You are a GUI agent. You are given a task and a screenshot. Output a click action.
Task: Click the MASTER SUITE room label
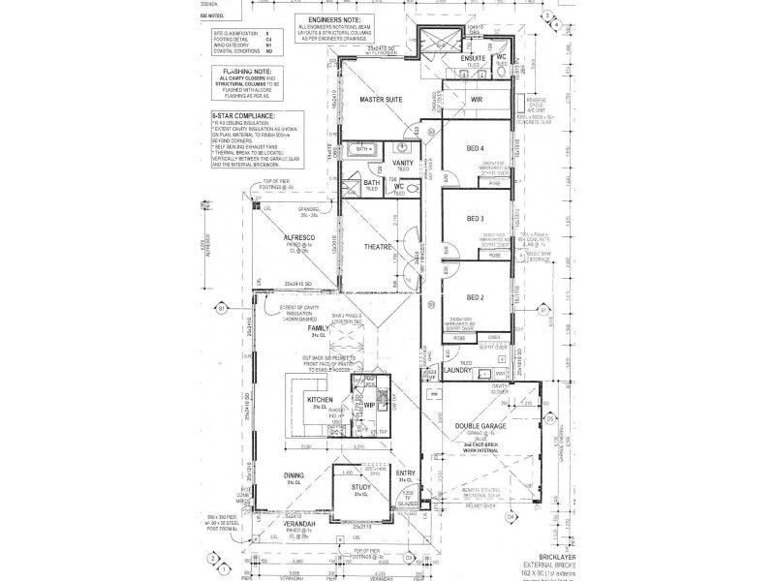382,101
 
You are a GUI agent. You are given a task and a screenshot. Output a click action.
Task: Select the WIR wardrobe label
477,100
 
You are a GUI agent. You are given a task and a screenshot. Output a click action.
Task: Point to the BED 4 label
476,148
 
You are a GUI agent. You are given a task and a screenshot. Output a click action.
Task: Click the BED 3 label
476,219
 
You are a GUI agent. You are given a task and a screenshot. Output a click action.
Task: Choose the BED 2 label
476,297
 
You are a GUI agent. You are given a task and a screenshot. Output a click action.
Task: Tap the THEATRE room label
378,248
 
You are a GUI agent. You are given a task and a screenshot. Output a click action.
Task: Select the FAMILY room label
317,329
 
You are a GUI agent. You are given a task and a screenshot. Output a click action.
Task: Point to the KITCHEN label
320,399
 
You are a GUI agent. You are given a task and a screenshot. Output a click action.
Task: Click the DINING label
294,475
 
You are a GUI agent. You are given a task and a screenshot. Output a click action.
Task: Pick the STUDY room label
361,486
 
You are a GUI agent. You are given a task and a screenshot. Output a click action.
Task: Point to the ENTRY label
406,473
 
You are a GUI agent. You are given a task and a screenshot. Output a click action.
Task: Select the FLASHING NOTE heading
233,73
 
